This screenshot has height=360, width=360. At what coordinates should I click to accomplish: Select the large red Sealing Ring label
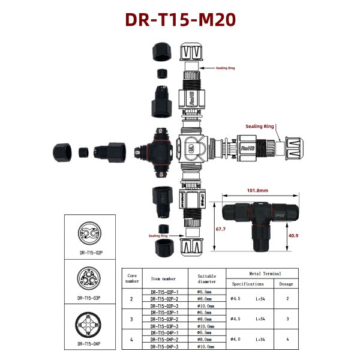[x=260, y=127]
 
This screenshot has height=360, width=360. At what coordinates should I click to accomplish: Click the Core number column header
[x=132, y=277]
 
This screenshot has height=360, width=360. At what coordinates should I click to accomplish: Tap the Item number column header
[x=163, y=278]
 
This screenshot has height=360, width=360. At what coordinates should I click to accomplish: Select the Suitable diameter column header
[x=206, y=278]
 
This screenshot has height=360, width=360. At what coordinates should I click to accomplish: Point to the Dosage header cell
[x=286, y=284]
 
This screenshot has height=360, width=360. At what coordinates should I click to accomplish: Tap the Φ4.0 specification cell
[x=235, y=339]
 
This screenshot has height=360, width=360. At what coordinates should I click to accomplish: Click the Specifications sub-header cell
[x=248, y=284]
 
